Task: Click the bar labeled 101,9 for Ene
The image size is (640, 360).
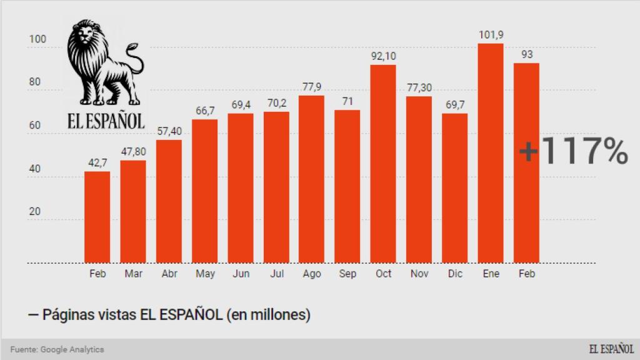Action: point(491,153)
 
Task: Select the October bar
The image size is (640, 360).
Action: point(383,164)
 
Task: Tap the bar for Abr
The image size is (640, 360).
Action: point(169,201)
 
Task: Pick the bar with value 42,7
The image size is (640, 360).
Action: point(97,217)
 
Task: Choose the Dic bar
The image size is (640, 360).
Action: point(454,188)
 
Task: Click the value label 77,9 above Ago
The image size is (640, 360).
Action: point(311,87)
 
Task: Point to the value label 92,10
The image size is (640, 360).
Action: point(383,56)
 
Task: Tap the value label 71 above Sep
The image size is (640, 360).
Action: point(347,101)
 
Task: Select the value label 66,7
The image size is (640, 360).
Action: point(204,111)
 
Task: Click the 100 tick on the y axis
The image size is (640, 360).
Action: point(38,39)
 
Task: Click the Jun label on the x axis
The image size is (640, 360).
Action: point(241,274)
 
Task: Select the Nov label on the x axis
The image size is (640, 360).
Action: point(419,274)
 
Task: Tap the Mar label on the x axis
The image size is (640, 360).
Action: point(133,274)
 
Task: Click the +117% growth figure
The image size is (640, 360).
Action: point(574,152)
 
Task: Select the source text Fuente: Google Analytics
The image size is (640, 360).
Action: point(57,349)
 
